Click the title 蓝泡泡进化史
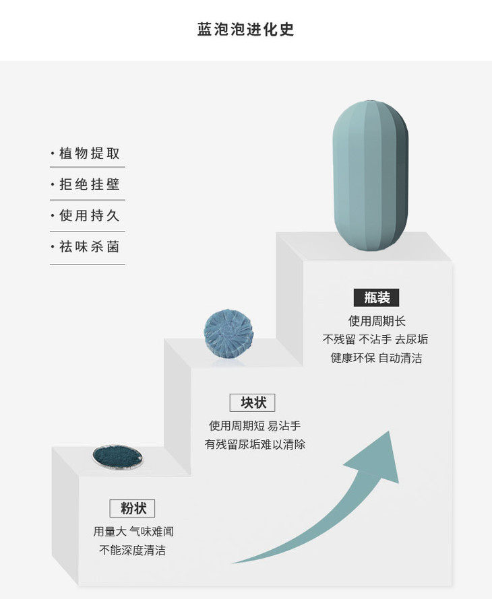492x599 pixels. (x=245, y=30)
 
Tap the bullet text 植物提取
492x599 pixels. (x=89, y=153)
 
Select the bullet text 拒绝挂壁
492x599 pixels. (x=89, y=184)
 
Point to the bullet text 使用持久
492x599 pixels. (x=89, y=215)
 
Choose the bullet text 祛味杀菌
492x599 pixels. (x=89, y=247)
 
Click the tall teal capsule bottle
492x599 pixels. (x=370, y=176)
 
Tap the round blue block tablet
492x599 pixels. (x=228, y=333)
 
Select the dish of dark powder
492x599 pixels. (x=117, y=456)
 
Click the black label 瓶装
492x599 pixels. (x=377, y=297)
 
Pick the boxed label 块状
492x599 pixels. (x=253, y=402)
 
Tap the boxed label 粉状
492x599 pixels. (x=132, y=508)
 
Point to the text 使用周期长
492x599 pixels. (x=377, y=321)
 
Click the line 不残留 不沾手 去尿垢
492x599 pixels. (x=375, y=339)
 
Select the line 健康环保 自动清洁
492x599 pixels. (x=377, y=358)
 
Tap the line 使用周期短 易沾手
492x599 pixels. (x=255, y=425)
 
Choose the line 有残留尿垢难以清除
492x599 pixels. (x=255, y=444)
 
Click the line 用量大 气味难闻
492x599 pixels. (x=133, y=532)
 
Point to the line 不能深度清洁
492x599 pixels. (x=132, y=550)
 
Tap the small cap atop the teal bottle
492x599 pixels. (x=369, y=101)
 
